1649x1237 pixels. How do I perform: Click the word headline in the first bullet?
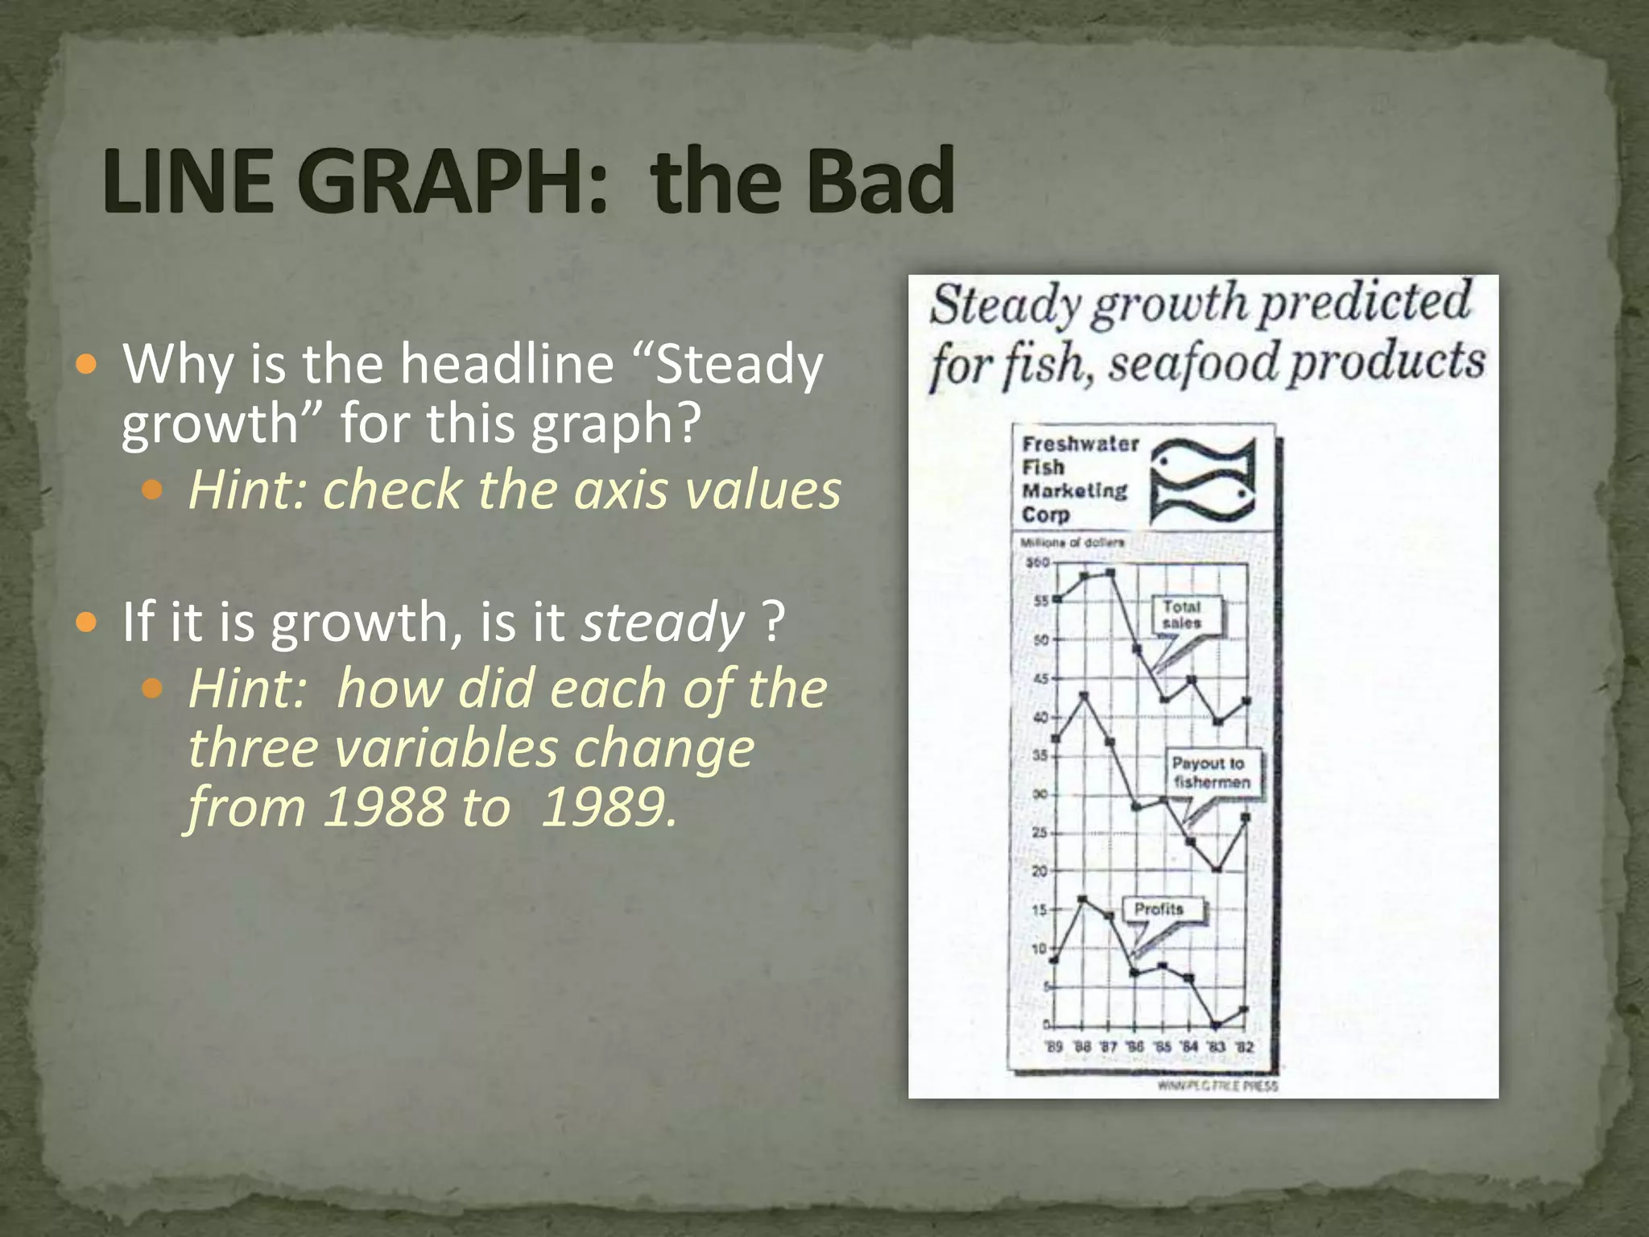tap(507, 363)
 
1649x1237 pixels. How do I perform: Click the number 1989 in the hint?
tap(608, 806)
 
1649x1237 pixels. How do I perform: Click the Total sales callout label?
tap(1181, 614)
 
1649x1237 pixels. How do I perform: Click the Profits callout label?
tap(1159, 909)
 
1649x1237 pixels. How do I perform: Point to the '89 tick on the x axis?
tap(1054, 1047)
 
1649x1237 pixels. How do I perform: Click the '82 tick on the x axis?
tap(1245, 1047)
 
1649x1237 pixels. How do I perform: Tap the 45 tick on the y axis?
tap(1040, 679)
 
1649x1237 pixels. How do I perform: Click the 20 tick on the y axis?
tap(1040, 871)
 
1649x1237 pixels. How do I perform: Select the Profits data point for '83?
tap(1217, 1025)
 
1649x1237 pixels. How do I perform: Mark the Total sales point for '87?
tap(1110, 573)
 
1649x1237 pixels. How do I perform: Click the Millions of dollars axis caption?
tap(1072, 543)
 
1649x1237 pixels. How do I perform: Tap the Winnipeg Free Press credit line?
tap(1217, 1086)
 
